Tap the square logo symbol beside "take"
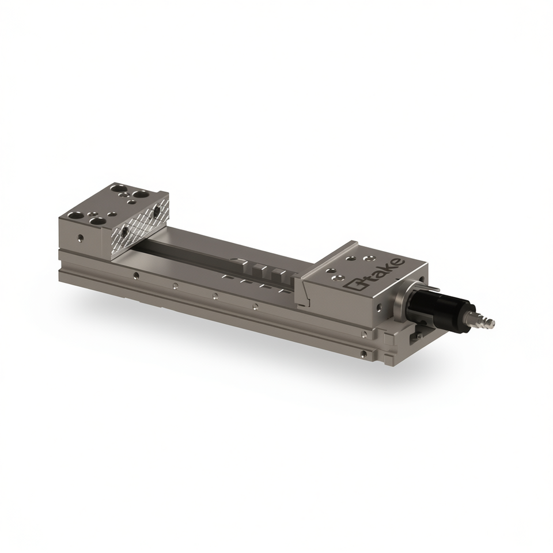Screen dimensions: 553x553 pyautogui.click(x=354, y=285)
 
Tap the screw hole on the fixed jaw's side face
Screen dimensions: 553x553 pyautogui.click(x=81, y=238)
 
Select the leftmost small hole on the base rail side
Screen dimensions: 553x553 pyautogui.click(x=135, y=275)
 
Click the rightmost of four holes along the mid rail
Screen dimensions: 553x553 pyautogui.click(x=255, y=306)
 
